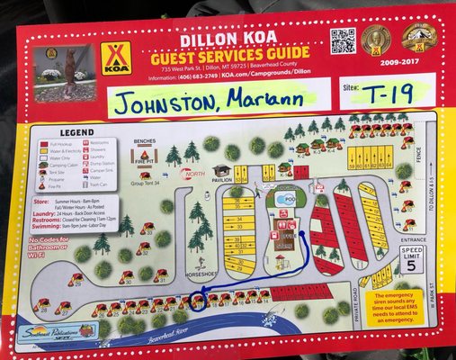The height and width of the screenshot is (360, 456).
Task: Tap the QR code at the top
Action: [x=343, y=40]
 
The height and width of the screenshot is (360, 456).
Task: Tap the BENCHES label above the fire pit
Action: [x=145, y=141]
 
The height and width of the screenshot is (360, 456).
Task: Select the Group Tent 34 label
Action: [x=145, y=183]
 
